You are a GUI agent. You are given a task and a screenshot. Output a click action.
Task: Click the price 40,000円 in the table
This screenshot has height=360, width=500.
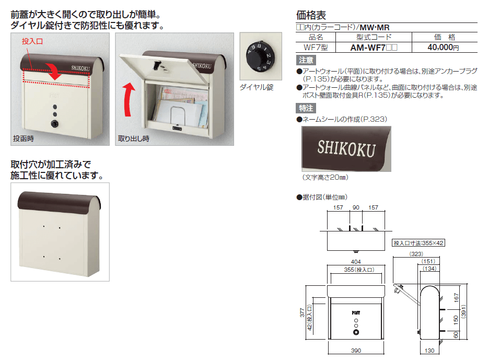(443, 48)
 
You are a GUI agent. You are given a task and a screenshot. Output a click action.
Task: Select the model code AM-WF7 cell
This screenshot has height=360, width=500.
(374, 48)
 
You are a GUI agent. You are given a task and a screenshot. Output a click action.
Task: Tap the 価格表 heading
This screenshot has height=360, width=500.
(311, 15)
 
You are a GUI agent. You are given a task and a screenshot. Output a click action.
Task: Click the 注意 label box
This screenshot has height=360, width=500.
(306, 60)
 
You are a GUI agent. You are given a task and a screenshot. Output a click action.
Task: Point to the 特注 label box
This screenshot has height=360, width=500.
(306, 108)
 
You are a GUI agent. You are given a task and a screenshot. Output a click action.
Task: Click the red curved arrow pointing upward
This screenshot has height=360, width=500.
(129, 99)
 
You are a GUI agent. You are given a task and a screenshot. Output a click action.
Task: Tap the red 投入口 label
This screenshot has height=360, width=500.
(32, 41)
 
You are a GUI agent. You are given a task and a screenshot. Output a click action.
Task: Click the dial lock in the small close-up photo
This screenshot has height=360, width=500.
(259, 56)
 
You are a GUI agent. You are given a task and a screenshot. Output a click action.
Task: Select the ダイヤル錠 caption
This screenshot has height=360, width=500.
(257, 87)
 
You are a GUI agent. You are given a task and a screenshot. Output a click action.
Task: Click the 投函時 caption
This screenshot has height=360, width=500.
(24, 138)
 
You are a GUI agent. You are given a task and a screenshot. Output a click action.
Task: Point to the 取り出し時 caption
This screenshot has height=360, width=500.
(134, 138)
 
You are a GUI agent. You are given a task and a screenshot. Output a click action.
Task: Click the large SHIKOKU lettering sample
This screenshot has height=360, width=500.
(346, 148)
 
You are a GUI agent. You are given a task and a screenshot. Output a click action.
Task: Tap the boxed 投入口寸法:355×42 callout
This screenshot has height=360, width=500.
(418, 243)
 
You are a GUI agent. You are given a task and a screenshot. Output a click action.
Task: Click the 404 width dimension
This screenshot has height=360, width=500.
(356, 262)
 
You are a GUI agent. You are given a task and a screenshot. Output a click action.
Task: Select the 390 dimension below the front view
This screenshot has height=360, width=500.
(356, 351)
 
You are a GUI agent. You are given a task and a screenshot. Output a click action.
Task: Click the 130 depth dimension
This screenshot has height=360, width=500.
(429, 351)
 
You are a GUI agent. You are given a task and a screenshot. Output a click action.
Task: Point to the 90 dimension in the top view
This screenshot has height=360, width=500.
(356, 207)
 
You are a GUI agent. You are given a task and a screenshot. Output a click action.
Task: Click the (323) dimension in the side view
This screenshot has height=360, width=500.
(416, 254)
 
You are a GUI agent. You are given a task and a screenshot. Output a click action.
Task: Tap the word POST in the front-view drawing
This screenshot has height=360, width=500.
(356, 313)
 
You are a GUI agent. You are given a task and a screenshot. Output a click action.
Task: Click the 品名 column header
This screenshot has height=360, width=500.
(316, 37)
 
